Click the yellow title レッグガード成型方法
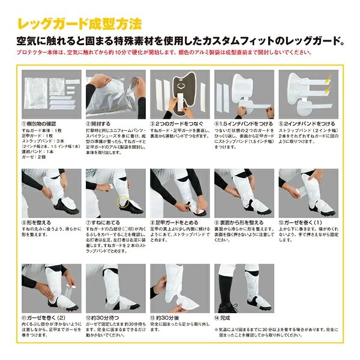point(80,25)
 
